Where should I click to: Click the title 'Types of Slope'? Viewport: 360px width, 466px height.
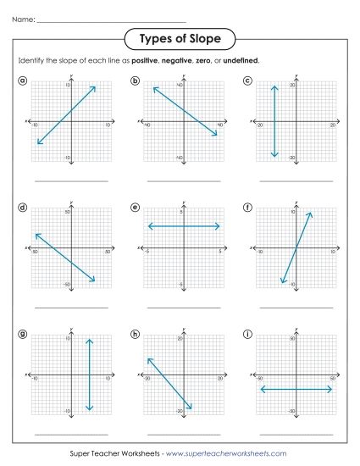point(180,39)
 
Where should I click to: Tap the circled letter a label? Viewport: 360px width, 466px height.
point(22,80)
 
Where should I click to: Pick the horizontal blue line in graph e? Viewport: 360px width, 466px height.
point(184,226)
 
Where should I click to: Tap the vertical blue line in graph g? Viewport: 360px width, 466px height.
point(89,374)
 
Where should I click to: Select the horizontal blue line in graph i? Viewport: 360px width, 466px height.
point(296,389)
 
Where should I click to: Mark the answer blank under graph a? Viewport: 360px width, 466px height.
point(71,180)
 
